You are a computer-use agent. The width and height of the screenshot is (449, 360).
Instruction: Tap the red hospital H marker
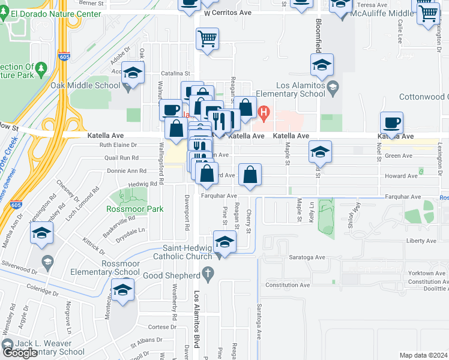[x=263, y=112]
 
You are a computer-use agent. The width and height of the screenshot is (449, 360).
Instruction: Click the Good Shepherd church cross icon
[x=208, y=275]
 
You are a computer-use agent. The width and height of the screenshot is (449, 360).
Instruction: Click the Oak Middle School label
[x=85, y=85]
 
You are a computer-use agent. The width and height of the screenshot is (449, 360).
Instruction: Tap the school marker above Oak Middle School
[x=133, y=73]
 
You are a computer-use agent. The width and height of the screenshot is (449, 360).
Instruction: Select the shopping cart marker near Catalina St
[x=207, y=39]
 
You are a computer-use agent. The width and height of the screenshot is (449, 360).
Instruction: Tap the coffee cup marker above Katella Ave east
[x=391, y=123]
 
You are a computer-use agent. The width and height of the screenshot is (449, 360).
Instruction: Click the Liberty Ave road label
[x=422, y=241]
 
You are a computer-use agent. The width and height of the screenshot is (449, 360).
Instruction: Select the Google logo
[x=20, y=353]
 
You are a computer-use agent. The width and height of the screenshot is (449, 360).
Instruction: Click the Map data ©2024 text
[x=424, y=355]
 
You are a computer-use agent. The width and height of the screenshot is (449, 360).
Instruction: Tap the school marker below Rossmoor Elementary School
[x=122, y=290]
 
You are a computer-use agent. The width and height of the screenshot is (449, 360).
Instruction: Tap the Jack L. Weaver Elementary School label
[x=49, y=347]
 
